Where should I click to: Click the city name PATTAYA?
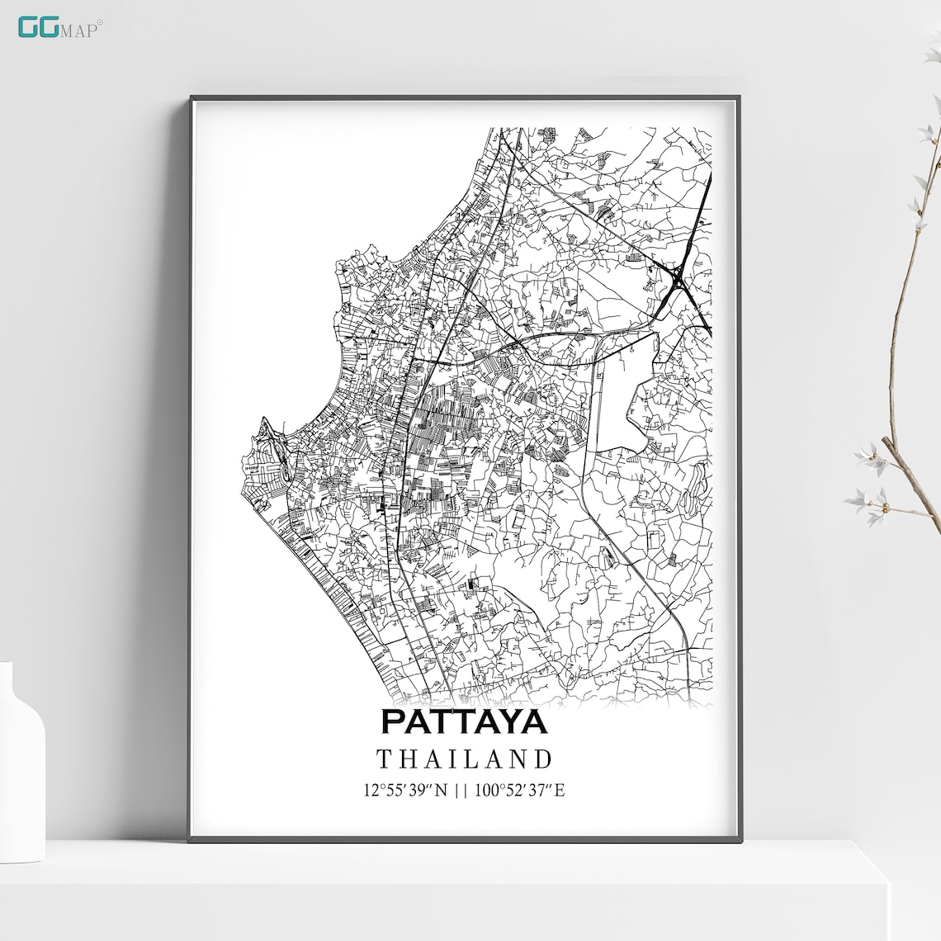pyautogui.click(x=464, y=721)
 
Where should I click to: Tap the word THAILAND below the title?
pyautogui.click(x=464, y=759)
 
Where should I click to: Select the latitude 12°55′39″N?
pyautogui.click(x=404, y=791)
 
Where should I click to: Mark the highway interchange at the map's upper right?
pyautogui.click(x=679, y=277)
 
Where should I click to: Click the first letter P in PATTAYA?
pyautogui.click(x=392, y=721)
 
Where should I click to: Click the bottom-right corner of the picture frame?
pyautogui.click(x=739, y=839)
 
